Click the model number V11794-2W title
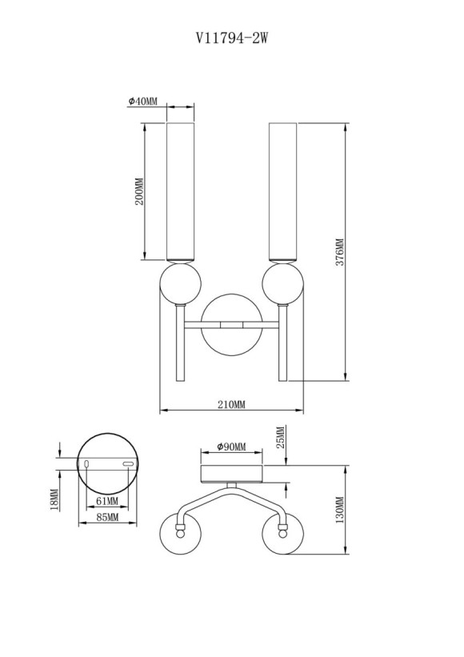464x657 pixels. [x=231, y=37]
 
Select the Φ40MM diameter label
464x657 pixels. [x=142, y=102]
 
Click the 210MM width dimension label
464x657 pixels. [x=231, y=405]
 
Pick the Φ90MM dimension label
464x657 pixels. [x=231, y=447]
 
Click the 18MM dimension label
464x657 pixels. [x=54, y=499]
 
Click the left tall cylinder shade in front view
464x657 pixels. [x=180, y=191]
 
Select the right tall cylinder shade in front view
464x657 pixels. [x=283, y=191]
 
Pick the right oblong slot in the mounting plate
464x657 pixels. [x=127, y=464]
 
